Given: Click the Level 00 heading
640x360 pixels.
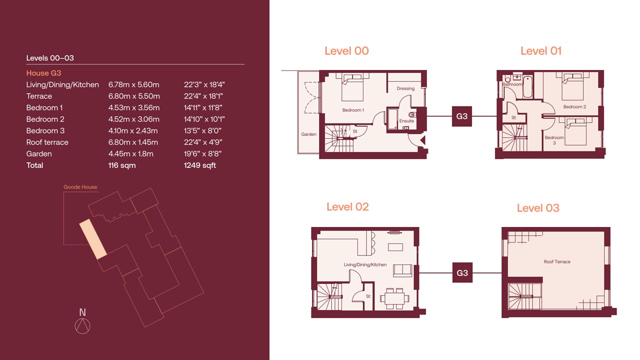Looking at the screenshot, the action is (346, 51).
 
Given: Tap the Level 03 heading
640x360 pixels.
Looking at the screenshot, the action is (538, 208).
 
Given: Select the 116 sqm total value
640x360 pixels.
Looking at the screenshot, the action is (122, 165).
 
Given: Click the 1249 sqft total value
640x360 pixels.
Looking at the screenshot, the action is (199, 165).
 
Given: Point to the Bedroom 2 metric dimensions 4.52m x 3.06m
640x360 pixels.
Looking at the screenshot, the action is (133, 119).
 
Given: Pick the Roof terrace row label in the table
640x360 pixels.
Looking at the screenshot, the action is (47, 142).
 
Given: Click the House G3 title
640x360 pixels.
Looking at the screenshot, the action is (43, 73).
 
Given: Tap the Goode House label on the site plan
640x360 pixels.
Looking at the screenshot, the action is (80, 187).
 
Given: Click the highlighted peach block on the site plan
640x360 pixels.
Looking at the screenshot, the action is (93, 239).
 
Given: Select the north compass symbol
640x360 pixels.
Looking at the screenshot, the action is (82, 326).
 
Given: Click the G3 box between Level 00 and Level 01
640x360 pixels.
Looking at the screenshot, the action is (461, 116).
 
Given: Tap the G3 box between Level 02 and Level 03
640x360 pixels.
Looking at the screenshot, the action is (462, 272).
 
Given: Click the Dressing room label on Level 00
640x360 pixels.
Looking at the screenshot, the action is (405, 88).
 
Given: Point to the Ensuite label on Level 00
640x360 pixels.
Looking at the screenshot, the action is (406, 121).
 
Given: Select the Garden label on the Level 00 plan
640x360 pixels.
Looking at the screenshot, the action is (308, 134).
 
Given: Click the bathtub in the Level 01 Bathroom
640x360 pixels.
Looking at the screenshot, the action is (527, 86).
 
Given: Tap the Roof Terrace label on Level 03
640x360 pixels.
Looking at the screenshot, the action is (557, 261).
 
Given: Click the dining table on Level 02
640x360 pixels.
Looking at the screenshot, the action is (394, 298).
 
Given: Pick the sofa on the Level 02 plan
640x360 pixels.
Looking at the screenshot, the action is (402, 271).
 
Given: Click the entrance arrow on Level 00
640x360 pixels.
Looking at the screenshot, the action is (423, 140).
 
